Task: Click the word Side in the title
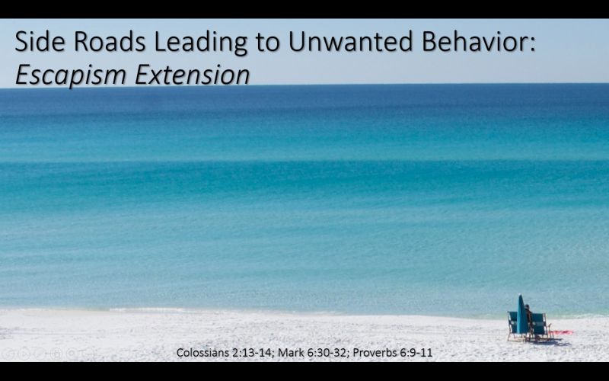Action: click(x=40, y=42)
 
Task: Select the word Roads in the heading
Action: click(x=110, y=42)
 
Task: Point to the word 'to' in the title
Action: click(x=267, y=43)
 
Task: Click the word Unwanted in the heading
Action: click(x=350, y=42)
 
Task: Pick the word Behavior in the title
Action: click(x=478, y=42)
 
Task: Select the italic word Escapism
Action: click(x=71, y=75)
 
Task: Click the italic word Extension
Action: click(x=193, y=74)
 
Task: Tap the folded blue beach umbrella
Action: click(x=521, y=315)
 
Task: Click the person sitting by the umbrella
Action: click(x=528, y=314)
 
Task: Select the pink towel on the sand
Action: click(x=563, y=333)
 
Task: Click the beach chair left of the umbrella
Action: click(x=512, y=326)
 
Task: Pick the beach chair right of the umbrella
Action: click(x=540, y=327)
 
